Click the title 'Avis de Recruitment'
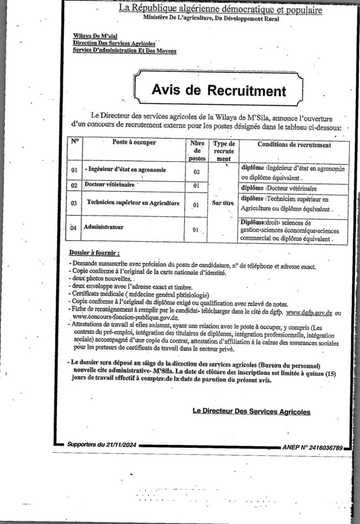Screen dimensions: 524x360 218,91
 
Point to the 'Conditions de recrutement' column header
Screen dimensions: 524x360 294,145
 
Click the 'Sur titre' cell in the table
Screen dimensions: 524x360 223,203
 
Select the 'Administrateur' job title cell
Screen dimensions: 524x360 106,225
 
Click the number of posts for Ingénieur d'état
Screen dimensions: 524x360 196,172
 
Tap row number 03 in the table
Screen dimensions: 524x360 74,204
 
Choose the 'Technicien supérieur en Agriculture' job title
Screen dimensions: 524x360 133,203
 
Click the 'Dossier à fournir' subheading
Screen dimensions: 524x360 95,253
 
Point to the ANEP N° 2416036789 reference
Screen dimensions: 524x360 312,447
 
